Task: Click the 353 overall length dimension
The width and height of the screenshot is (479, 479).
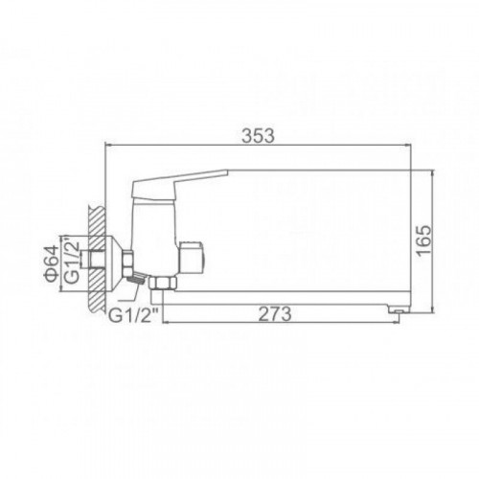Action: click(258, 136)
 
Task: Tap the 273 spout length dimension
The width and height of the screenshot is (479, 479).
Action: click(275, 314)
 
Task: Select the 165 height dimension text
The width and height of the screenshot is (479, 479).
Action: click(424, 240)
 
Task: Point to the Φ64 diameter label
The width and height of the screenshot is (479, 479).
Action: click(52, 263)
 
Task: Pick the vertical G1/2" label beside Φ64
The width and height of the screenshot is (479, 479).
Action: click(72, 260)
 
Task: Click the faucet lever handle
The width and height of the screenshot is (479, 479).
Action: click(179, 184)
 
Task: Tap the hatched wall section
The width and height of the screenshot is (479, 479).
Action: click(97, 259)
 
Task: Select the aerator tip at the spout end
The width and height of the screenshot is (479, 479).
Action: click(399, 309)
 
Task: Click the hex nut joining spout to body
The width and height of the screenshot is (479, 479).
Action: click(163, 283)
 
